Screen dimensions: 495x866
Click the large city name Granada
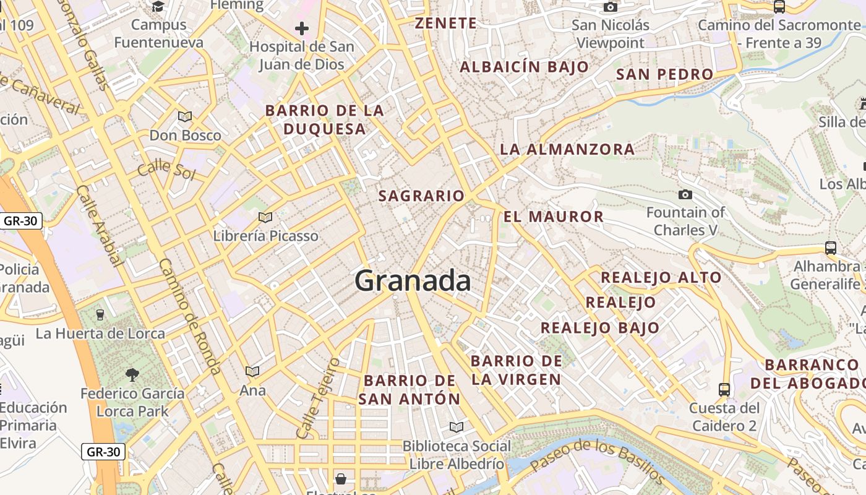tap(413, 282)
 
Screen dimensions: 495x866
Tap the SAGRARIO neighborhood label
tap(421, 196)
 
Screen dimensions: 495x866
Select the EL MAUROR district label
tap(553, 217)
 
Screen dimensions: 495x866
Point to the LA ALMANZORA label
tap(567, 149)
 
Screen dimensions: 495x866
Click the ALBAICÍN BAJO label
tap(524, 67)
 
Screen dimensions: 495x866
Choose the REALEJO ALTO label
tap(661, 277)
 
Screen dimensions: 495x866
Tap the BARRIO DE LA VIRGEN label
tap(517, 370)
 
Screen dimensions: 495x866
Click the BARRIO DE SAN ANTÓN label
tap(409, 390)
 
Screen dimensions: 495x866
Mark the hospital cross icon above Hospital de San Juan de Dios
tap(302, 28)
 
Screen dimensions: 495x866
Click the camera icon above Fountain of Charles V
tap(685, 195)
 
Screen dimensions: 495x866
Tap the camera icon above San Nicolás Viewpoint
tap(611, 7)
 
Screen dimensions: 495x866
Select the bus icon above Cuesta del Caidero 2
tap(724, 390)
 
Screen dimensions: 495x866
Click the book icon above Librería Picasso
tap(265, 217)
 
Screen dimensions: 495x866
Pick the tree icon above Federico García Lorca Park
tap(132, 374)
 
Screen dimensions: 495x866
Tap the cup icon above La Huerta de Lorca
tap(100, 315)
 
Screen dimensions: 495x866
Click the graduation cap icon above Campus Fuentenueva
tap(158, 7)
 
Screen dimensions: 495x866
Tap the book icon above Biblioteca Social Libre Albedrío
tap(457, 427)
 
